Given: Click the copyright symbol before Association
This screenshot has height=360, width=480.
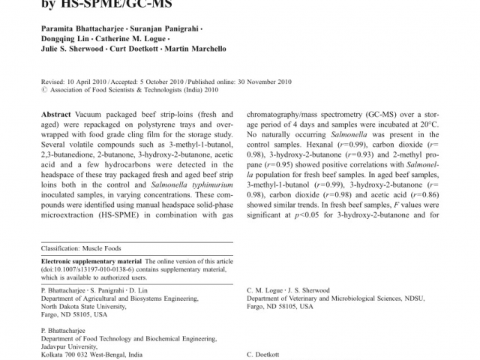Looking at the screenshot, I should (x=43, y=88).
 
